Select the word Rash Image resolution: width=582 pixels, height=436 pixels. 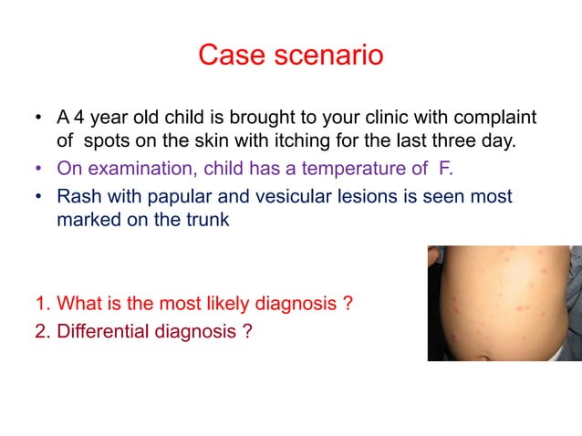[x=78, y=197]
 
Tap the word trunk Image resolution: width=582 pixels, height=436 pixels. [x=203, y=221]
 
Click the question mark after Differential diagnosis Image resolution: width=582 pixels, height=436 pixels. [x=247, y=332]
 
